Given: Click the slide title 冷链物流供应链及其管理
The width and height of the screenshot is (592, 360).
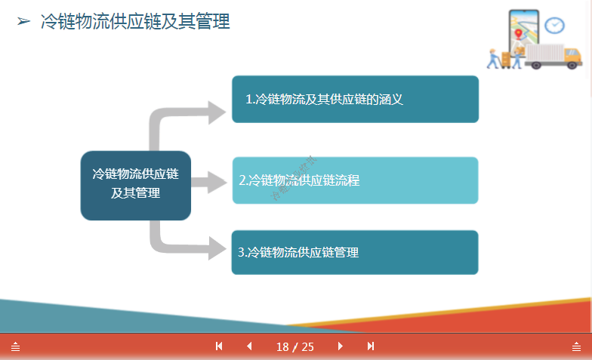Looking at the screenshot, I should click(135, 21).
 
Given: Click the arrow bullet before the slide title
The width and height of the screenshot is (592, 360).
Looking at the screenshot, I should click(23, 22).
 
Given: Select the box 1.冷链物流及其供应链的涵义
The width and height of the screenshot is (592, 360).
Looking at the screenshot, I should click(355, 99).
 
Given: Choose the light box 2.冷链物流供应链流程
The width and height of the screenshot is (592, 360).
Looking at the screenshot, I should click(355, 180).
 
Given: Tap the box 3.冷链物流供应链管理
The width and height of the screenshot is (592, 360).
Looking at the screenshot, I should click(355, 252).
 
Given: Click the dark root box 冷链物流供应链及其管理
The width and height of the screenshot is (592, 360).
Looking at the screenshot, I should click(136, 183).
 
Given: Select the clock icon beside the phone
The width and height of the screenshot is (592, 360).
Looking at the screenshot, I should click(555, 24).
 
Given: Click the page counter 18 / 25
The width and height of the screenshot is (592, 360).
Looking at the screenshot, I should click(295, 346).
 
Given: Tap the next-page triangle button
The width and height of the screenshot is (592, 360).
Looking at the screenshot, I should click(341, 346).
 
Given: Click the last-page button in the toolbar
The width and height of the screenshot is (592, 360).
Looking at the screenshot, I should click(371, 346).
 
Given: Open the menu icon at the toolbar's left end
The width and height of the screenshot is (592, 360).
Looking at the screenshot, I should click(15, 346).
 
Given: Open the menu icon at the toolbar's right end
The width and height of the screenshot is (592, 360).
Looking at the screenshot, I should click(576, 346).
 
